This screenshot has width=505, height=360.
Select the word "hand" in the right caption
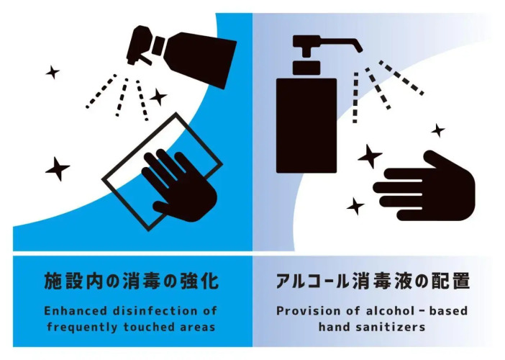[x=335, y=327]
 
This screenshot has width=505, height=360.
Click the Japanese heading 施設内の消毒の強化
[x=132, y=281]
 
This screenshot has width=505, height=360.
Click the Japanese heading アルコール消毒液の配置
[x=373, y=281]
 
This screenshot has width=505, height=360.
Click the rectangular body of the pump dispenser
[x=306, y=126]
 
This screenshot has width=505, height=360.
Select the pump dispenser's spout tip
[x=359, y=48]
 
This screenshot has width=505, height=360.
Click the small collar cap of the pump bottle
[x=306, y=68]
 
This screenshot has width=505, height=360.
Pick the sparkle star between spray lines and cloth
[x=158, y=96]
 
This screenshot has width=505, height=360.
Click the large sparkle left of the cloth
[x=58, y=168]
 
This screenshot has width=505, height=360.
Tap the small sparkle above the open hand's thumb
[x=438, y=130]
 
